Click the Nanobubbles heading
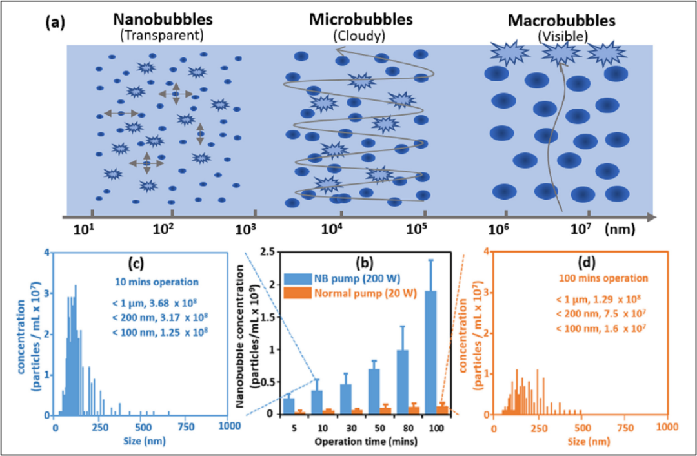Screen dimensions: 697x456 pyautogui.click(x=163, y=20)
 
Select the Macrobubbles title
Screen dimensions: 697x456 pyautogui.click(x=562, y=21)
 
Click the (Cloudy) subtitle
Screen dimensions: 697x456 pyautogui.click(x=359, y=36)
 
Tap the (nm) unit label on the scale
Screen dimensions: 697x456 pyautogui.click(x=620, y=230)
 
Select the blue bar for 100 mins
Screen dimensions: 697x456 pyautogui.click(x=430, y=353)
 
